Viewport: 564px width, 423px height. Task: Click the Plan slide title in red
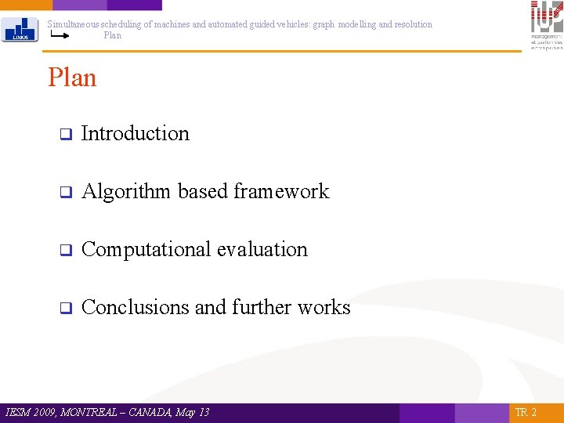click(72, 78)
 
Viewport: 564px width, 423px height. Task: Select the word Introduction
click(135, 133)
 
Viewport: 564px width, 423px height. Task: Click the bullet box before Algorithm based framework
click(66, 192)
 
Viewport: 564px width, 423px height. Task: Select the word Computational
click(146, 249)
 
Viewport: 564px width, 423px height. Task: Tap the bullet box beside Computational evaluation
click(66, 250)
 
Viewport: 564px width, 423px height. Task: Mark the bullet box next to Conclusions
click(66, 308)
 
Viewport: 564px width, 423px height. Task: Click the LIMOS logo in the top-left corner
click(20, 29)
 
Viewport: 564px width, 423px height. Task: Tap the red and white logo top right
click(546, 23)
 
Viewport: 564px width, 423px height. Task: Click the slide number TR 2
click(526, 413)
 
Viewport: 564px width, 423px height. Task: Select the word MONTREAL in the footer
click(96, 412)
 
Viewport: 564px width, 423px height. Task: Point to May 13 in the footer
click(193, 412)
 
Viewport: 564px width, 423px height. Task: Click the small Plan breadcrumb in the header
click(112, 35)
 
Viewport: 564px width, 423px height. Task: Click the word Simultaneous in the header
click(73, 24)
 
